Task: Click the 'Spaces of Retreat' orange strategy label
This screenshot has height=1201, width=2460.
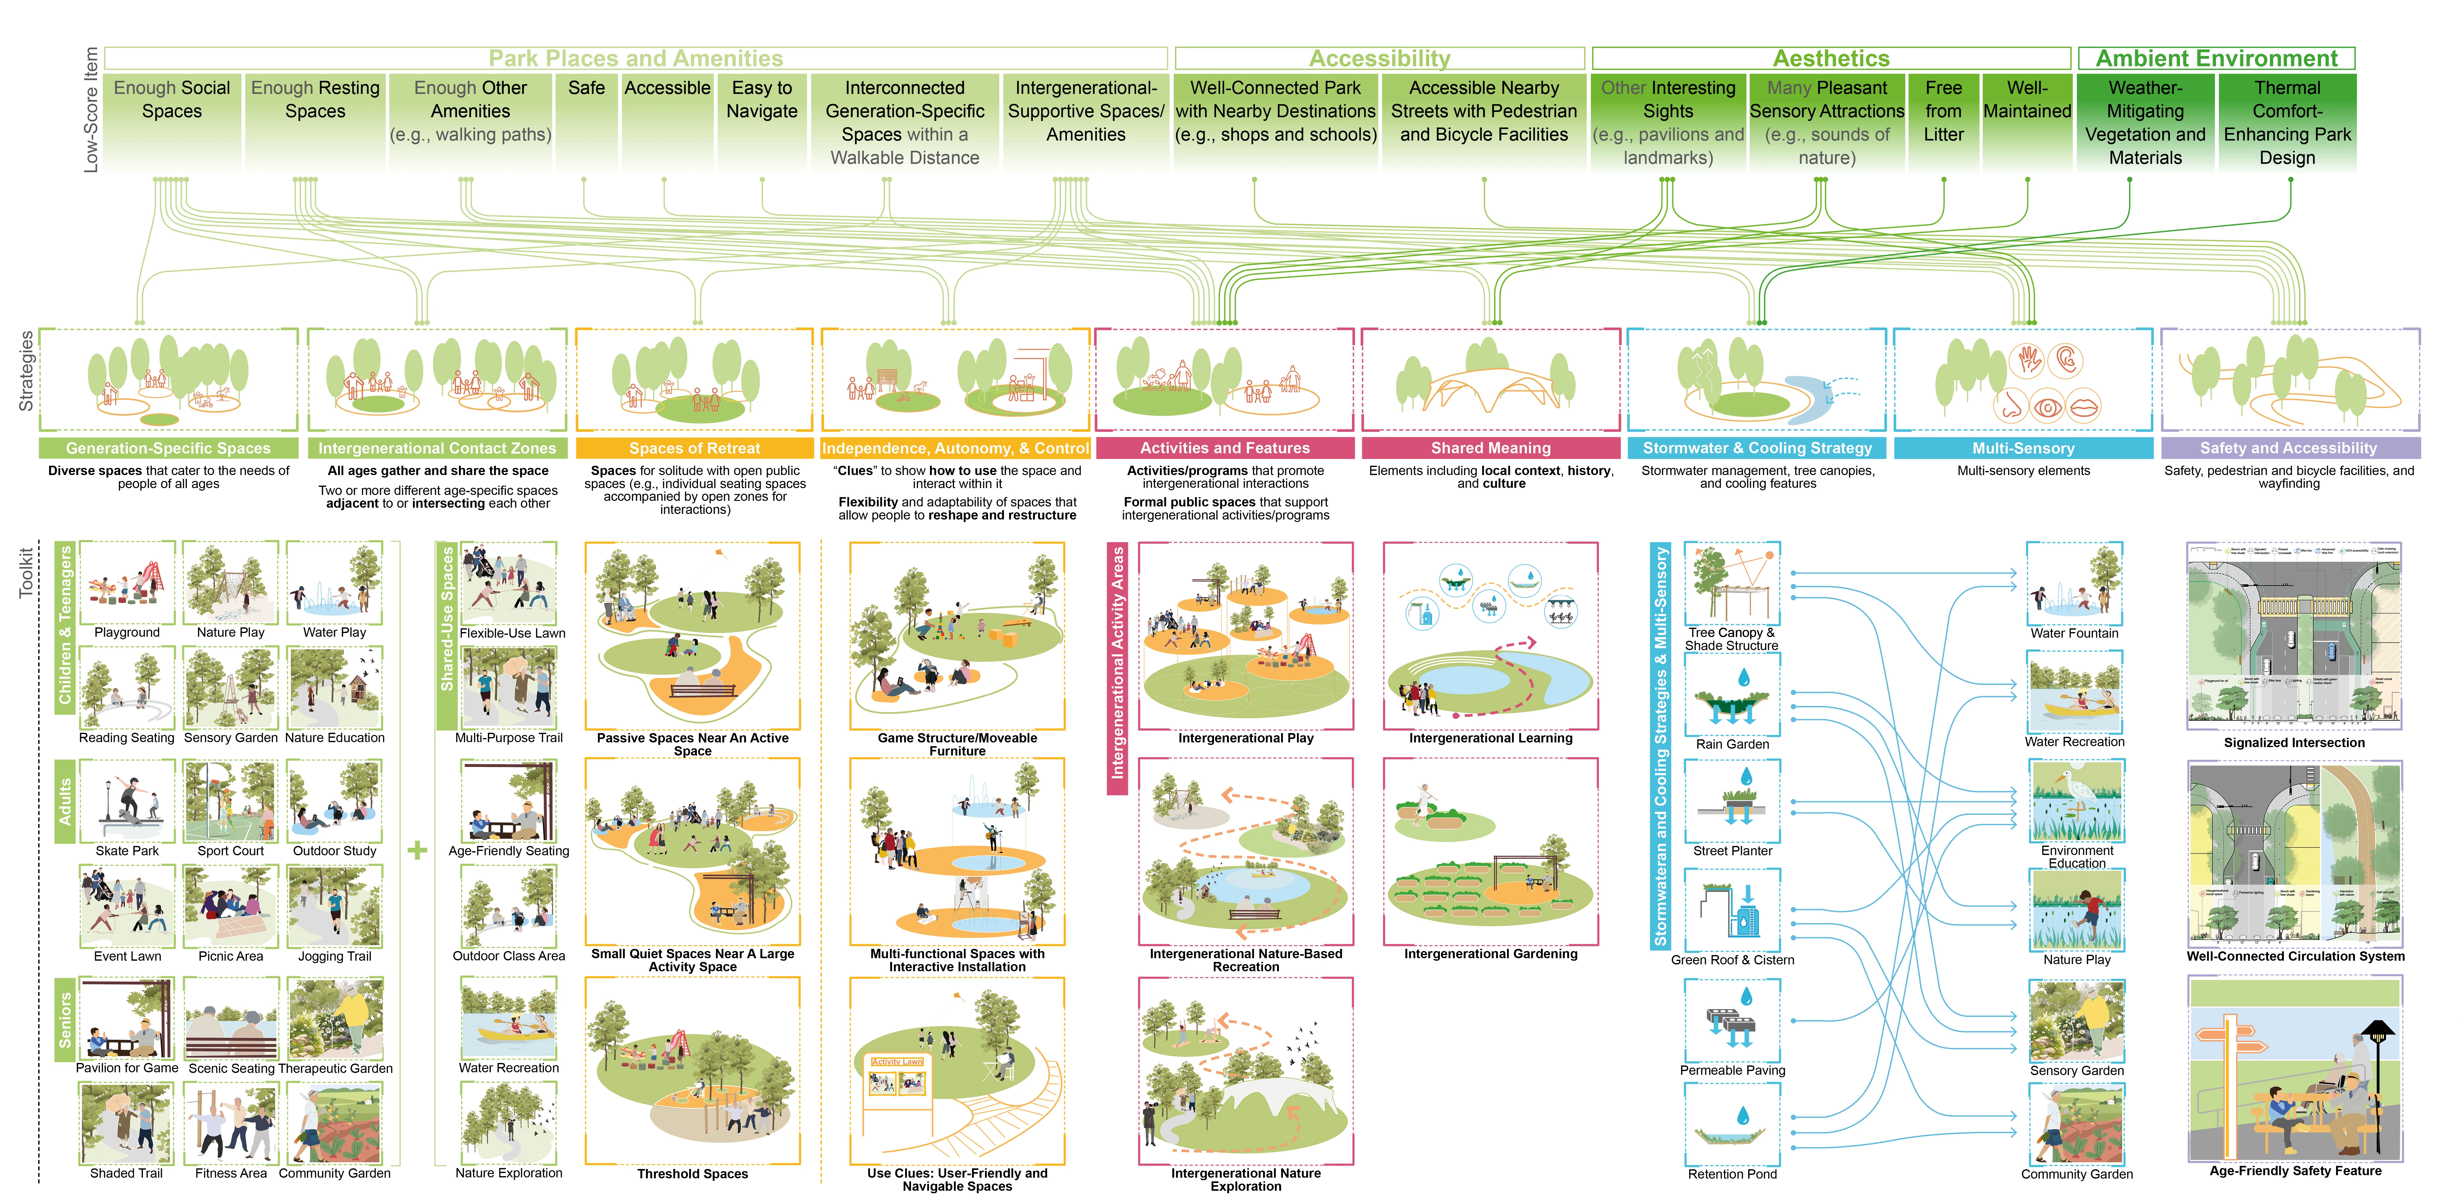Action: [x=694, y=448]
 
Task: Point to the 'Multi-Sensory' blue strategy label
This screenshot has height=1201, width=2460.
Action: [x=2023, y=448]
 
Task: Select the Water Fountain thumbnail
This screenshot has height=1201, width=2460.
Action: [x=2074, y=584]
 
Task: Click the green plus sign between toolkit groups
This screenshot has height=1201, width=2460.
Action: [x=417, y=849]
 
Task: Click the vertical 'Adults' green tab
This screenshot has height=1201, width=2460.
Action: [x=65, y=801]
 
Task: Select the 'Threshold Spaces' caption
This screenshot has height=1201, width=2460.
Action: [x=692, y=1173]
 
